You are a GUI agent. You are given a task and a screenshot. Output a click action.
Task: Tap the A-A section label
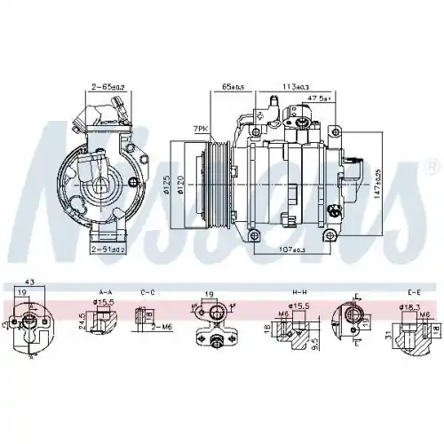pyautogui.click(x=105, y=290)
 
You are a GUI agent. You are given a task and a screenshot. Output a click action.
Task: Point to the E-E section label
pyautogui.click(x=413, y=290)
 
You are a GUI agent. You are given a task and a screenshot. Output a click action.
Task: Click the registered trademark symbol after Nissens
pyautogui.click(x=433, y=166)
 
